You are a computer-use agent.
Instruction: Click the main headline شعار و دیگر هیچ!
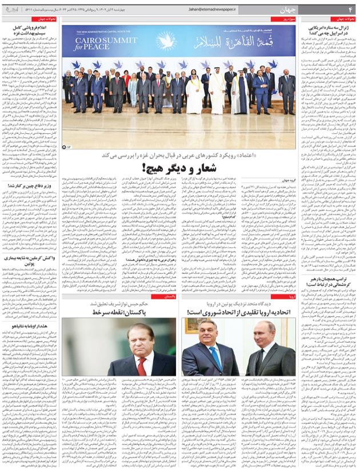pyautogui.click(x=178, y=168)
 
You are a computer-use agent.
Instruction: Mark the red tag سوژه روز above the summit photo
pyautogui.click(x=286, y=19)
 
